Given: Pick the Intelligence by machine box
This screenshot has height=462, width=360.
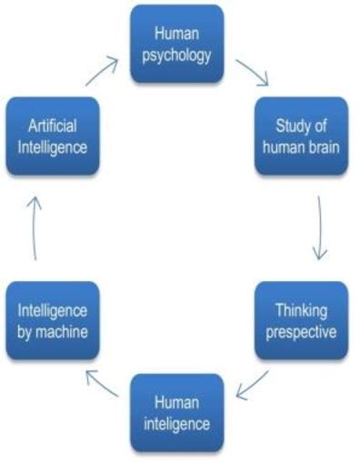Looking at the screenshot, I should [x=52, y=320].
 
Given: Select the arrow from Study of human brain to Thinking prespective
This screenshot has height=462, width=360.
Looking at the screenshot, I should [x=319, y=227].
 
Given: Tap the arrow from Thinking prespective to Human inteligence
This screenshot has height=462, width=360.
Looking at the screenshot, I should [x=252, y=387].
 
